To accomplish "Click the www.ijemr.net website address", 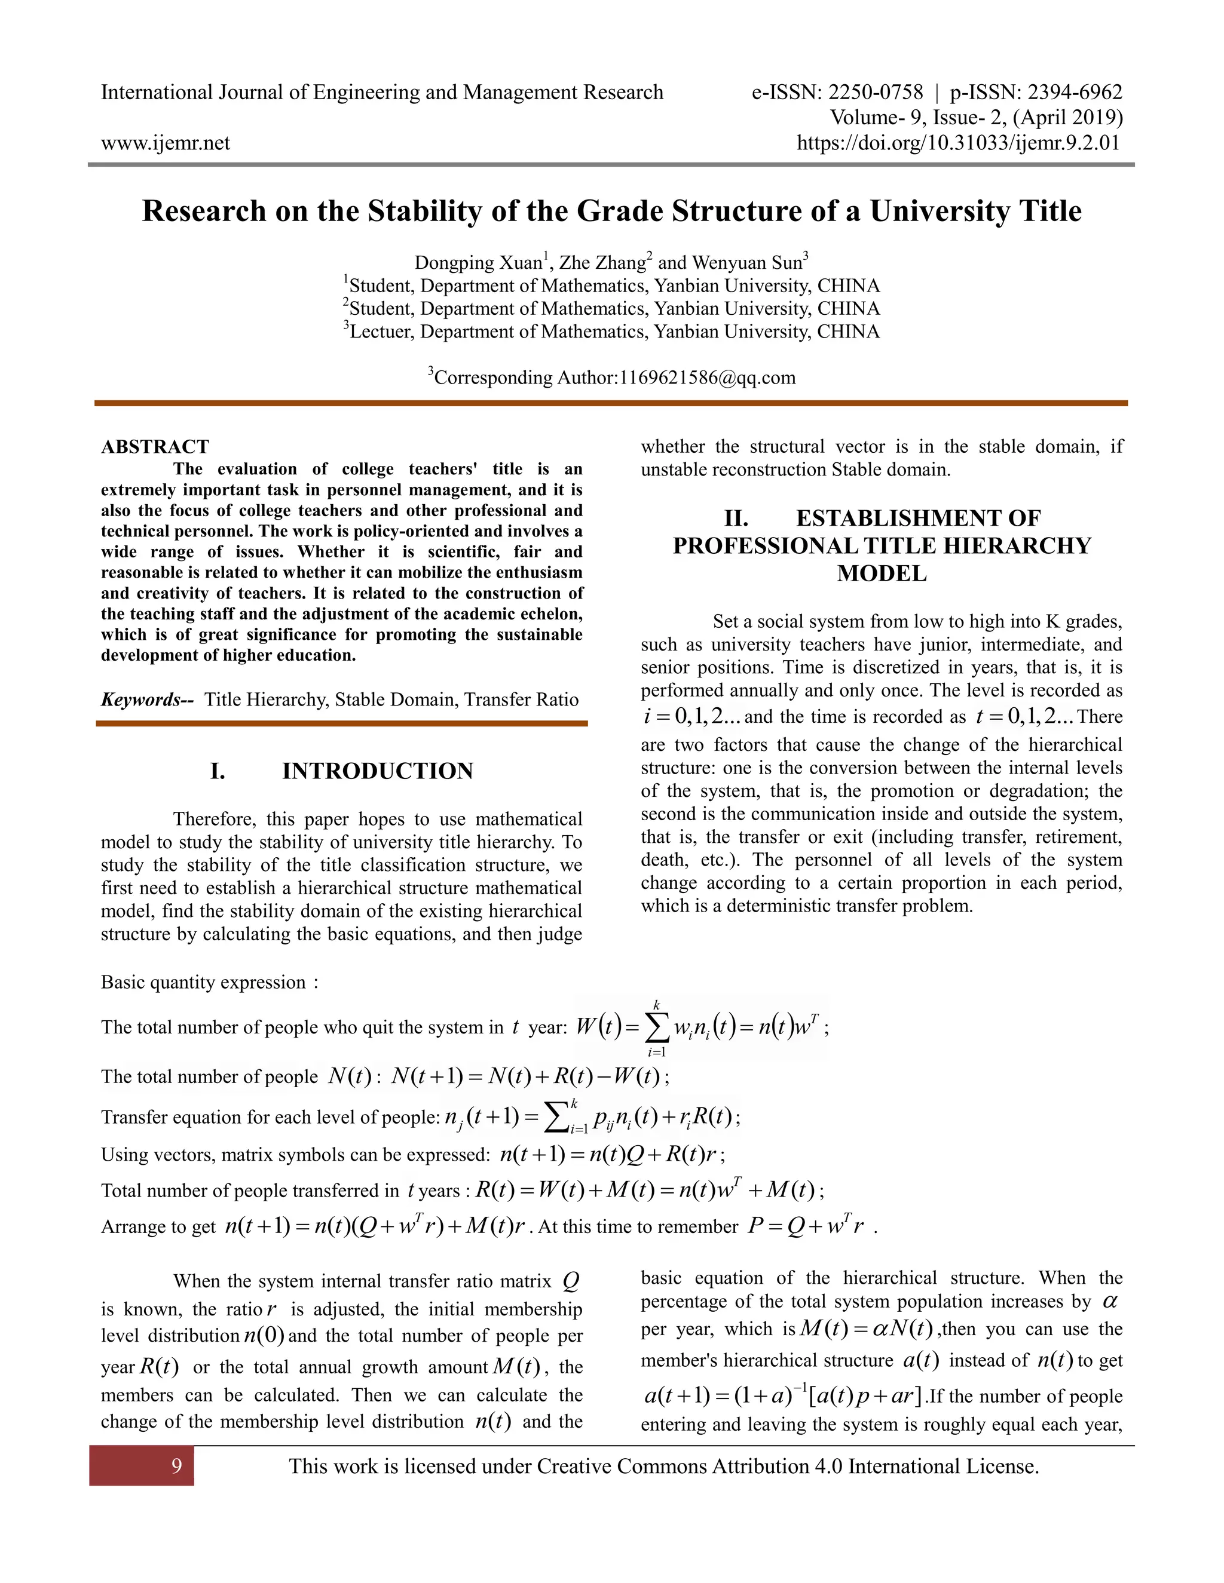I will pyautogui.click(x=166, y=143).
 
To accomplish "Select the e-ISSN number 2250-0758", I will pyautogui.click(x=875, y=92).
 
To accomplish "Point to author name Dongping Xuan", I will pyautogui.click(x=478, y=262).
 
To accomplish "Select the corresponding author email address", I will pyautogui.click(x=707, y=378).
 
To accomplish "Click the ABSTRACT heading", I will pyautogui.click(x=154, y=446).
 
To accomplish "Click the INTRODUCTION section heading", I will pyautogui.click(x=377, y=771).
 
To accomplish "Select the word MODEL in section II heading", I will pyautogui.click(x=881, y=573).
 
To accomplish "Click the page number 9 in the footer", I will pyautogui.click(x=176, y=1467).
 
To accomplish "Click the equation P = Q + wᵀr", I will pyautogui.click(x=805, y=1226).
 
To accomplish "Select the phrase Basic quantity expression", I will pyautogui.click(x=204, y=982).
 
